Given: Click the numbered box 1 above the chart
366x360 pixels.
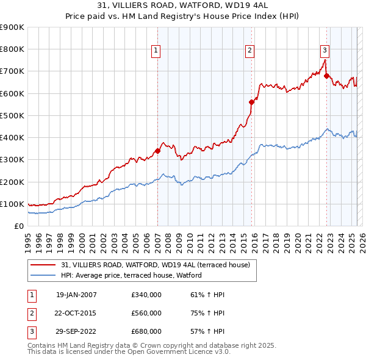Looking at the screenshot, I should click(156, 51).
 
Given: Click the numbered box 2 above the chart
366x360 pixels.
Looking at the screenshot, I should click(250, 51).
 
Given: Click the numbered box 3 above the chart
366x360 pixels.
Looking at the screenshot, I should click(325, 51).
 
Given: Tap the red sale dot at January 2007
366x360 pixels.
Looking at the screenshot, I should click(157, 150).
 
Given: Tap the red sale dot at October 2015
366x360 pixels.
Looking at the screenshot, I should click(252, 102).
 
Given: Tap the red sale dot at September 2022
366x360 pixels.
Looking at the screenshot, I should click(326, 76).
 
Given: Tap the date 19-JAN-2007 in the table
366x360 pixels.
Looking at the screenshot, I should click(76, 295).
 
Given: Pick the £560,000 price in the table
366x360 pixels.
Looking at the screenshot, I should click(146, 313).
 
